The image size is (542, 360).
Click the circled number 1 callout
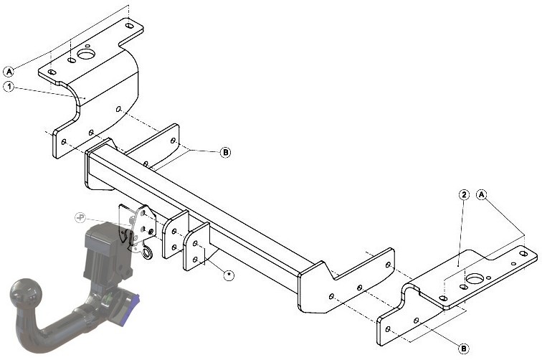9,87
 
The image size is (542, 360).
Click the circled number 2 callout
464,195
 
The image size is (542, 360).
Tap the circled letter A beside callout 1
9,72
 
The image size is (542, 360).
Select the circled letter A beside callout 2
482,194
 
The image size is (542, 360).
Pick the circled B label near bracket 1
225,152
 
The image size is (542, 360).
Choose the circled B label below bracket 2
464,349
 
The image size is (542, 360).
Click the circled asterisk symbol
229,275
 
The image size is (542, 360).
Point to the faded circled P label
80,217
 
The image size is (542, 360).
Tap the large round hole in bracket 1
86,54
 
